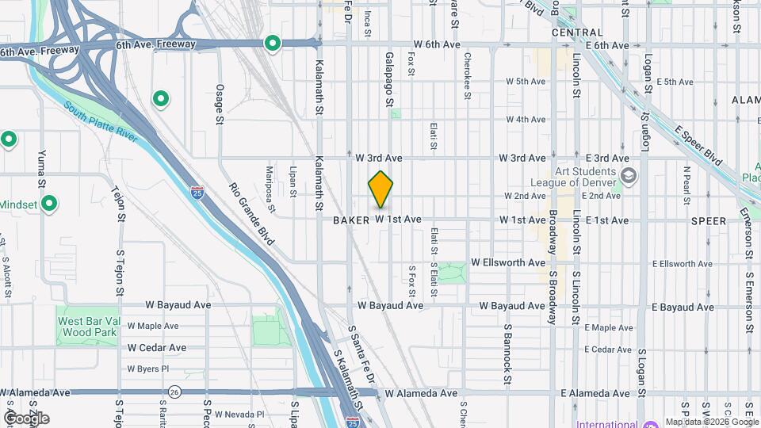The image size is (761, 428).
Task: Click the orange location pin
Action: [x=380, y=189]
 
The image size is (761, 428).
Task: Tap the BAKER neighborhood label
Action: [x=351, y=220]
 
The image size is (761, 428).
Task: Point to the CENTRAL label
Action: [x=577, y=32]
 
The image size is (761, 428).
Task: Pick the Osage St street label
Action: [x=220, y=104]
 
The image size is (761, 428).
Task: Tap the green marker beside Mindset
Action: [x=49, y=204]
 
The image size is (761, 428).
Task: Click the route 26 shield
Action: [x=174, y=392]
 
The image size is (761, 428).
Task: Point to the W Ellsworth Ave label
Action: [x=508, y=262]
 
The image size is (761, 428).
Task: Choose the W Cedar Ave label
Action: [x=157, y=348]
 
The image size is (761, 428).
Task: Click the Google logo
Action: [x=26, y=418]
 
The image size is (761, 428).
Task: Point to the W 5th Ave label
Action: [x=526, y=82]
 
